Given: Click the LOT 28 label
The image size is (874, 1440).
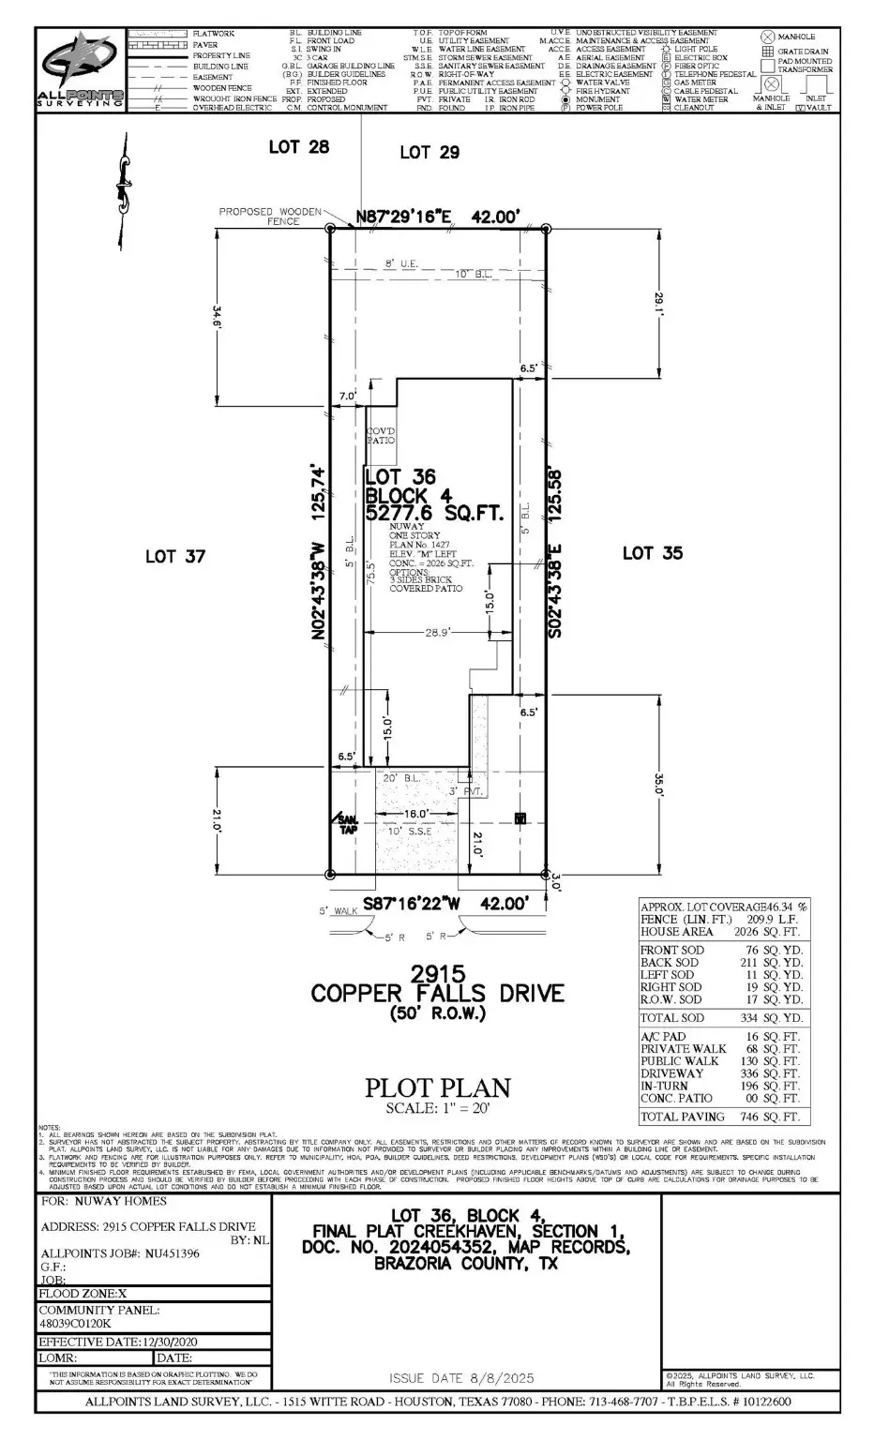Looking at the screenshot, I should (x=298, y=147).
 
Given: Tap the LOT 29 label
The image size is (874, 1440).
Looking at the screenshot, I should (x=429, y=152).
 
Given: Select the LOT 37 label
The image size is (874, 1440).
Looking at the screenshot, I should (x=174, y=557).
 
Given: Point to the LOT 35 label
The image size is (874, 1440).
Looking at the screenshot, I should (x=652, y=553).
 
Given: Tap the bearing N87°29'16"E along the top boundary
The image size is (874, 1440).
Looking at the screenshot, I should (x=404, y=217).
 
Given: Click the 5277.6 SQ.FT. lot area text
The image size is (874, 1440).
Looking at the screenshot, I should (x=434, y=514).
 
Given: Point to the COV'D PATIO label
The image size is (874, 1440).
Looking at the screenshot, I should (x=380, y=435).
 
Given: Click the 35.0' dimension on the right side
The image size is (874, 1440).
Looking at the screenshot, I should (x=659, y=783).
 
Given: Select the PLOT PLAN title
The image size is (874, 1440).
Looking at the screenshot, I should (x=438, y=1087).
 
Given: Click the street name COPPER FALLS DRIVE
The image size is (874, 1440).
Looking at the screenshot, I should (x=438, y=993).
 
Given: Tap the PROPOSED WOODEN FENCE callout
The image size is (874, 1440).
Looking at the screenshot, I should (x=270, y=217).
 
